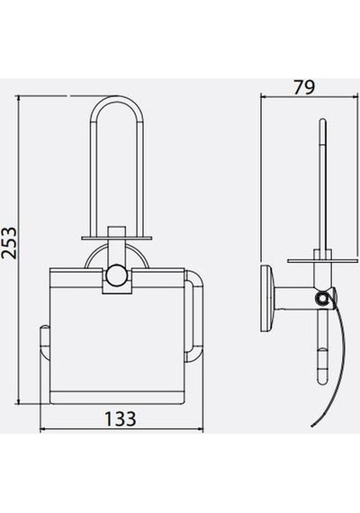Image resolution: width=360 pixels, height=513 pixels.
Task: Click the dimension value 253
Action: click(9, 243)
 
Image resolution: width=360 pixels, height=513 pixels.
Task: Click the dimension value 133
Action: click(120, 418)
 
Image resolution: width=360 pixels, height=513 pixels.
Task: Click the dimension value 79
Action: click(304, 87)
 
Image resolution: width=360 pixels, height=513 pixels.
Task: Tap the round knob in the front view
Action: click(117, 274)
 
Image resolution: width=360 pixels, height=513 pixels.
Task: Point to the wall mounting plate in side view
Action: click(266, 299)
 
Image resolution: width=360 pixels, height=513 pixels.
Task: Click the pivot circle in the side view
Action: click(321, 298)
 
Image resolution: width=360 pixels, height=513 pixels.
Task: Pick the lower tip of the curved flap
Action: click(312, 426)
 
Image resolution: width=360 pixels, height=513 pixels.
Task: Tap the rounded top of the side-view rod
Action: click(323, 121)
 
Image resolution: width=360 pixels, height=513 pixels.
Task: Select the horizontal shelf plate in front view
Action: click(117, 238)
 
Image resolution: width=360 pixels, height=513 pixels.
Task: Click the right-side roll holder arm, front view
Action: click(193, 316)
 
